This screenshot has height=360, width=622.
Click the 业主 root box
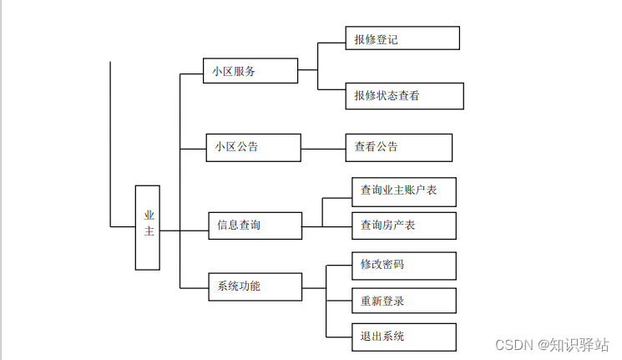pos(147,227)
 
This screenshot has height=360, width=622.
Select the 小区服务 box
pos(250,71)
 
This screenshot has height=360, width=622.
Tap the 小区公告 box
pos(253,147)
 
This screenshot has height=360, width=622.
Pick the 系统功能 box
pos(255,286)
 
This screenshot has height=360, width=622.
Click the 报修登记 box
pos(402,38)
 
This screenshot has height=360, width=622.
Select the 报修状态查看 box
pos(404,96)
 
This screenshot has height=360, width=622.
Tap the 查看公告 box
pos(398,147)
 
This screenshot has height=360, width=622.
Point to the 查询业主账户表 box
pos(402,191)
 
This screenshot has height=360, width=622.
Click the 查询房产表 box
pos(402,226)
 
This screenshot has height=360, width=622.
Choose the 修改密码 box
pos(402,266)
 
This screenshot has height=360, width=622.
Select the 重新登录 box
pos(402,301)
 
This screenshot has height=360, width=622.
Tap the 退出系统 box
pos(402,337)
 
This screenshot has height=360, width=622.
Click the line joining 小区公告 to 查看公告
pos(322,149)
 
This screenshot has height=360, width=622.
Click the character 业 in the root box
pos(149,215)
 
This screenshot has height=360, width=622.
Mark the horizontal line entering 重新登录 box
pos(339,301)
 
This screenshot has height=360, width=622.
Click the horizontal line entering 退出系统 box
pos(339,337)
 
